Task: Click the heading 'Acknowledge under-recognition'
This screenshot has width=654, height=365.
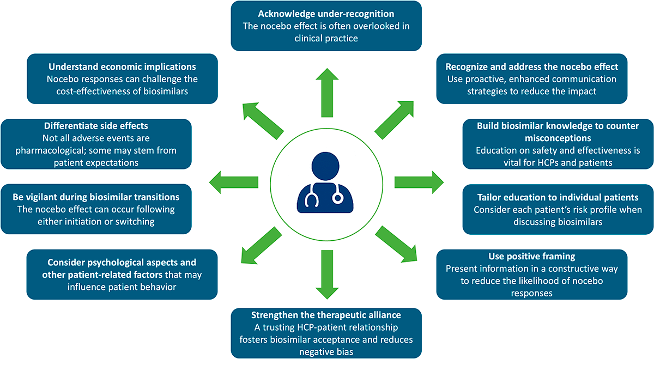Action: coord(326,13)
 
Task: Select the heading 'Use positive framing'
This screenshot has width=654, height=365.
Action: coord(532,256)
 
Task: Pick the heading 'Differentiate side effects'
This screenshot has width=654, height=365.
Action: coord(96,126)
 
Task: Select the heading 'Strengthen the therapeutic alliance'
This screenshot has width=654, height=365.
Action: coord(326,315)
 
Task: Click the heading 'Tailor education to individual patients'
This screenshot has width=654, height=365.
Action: coord(558,197)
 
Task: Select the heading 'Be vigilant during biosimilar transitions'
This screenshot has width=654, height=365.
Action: coord(96,196)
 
